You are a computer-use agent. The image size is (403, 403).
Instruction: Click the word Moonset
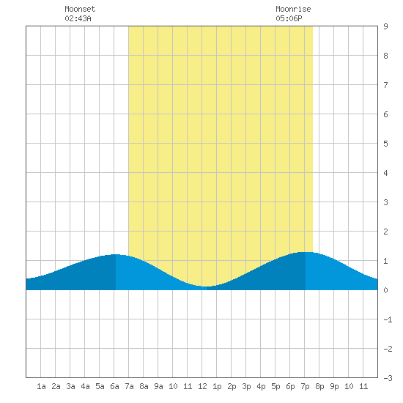(x=80, y=9)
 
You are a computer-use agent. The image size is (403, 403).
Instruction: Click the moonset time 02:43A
(x=78, y=18)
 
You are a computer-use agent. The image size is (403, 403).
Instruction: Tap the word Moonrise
(x=293, y=9)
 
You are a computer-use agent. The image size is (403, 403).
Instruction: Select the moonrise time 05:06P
(x=289, y=18)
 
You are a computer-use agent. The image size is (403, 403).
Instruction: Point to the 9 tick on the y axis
(x=385, y=26)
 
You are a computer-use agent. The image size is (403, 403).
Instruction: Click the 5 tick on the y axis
(x=385, y=144)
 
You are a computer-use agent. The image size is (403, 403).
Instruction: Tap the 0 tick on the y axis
(x=385, y=290)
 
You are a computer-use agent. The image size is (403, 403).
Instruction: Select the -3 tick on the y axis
(x=388, y=378)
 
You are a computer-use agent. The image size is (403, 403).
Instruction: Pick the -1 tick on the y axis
(x=388, y=319)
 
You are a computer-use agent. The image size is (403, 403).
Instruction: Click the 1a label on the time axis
(x=41, y=386)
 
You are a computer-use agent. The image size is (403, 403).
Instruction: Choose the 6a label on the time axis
(x=114, y=386)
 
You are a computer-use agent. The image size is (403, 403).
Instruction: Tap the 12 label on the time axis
(x=202, y=386)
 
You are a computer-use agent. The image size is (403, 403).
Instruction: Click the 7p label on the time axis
(x=305, y=386)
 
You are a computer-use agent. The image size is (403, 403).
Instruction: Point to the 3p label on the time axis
(x=246, y=386)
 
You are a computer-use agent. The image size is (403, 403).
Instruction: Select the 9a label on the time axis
(x=158, y=386)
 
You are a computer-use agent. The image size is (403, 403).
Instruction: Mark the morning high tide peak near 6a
(x=116, y=254)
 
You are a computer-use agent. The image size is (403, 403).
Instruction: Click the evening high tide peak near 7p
(x=306, y=252)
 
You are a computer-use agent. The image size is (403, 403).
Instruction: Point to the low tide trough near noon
(x=207, y=286)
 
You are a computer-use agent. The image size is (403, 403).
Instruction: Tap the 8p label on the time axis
(x=319, y=386)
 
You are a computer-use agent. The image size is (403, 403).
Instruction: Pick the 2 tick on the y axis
(x=385, y=232)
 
